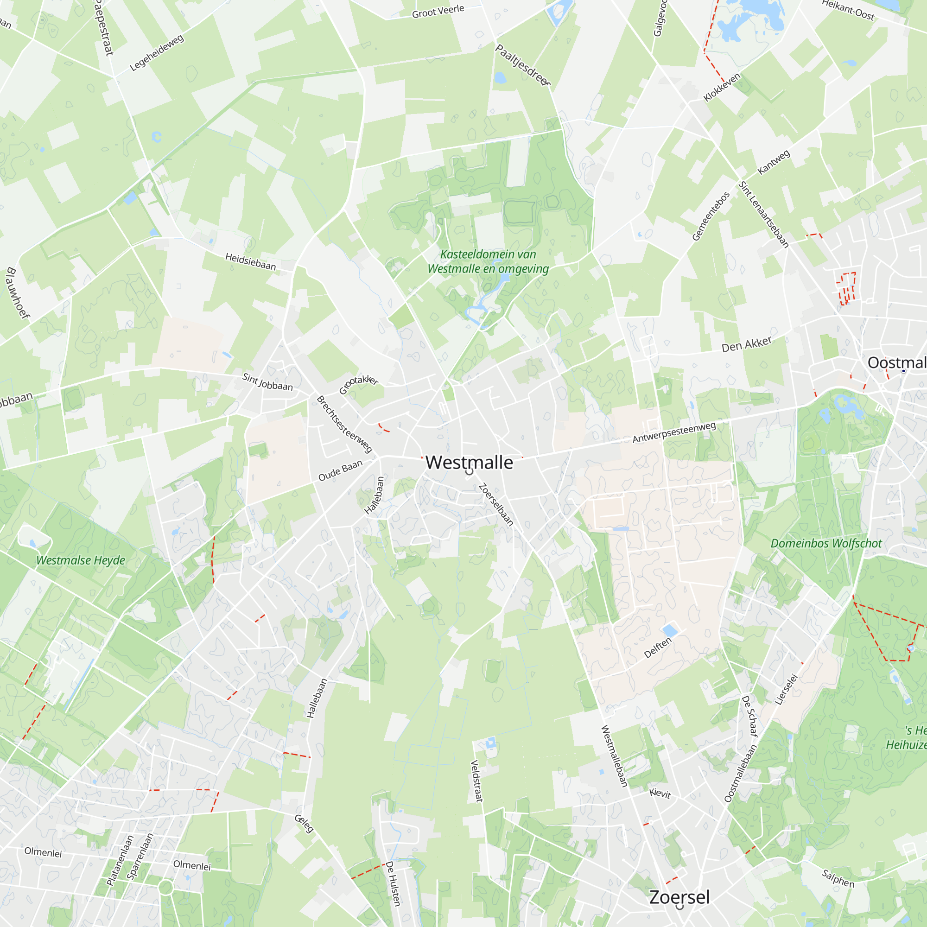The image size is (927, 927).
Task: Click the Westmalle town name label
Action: click(x=469, y=463)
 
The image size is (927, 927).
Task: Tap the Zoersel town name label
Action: click(x=679, y=897)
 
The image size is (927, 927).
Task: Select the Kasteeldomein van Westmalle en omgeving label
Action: click(x=488, y=261)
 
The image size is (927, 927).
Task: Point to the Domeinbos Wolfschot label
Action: click(x=826, y=544)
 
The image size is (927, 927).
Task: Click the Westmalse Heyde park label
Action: click(x=81, y=560)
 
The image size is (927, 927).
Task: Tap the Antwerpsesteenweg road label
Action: click(x=673, y=432)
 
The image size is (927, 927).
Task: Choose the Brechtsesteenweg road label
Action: click(x=344, y=424)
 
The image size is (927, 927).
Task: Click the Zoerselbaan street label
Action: click(x=496, y=504)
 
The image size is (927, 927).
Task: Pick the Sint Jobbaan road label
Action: click(x=267, y=382)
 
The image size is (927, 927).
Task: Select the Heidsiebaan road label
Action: click(x=250, y=262)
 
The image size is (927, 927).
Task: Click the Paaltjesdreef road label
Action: click(x=522, y=65)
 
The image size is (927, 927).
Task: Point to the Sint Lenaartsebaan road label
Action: click(x=763, y=215)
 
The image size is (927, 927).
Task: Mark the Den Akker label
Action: click(x=747, y=343)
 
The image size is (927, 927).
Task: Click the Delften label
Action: click(x=657, y=648)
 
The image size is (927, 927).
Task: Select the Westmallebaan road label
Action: click(x=614, y=756)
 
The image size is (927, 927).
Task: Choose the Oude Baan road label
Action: click(x=340, y=471)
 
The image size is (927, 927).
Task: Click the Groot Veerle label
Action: click(x=438, y=11)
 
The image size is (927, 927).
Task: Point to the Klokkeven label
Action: click(x=722, y=87)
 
